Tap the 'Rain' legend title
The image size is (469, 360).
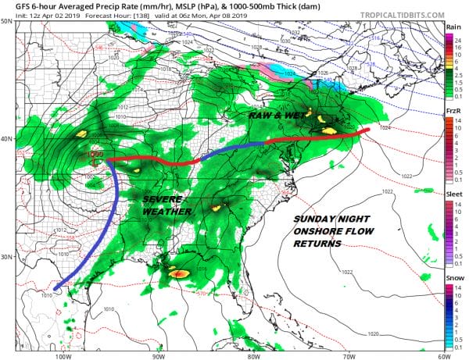click(x=452, y=27)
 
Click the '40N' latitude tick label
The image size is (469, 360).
click(x=7, y=138)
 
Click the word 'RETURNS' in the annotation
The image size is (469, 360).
click(x=317, y=244)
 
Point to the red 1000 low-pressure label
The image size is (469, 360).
click(x=95, y=155)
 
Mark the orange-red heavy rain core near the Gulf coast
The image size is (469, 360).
click(x=179, y=274)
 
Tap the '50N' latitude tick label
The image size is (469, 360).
click(x=7, y=21)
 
